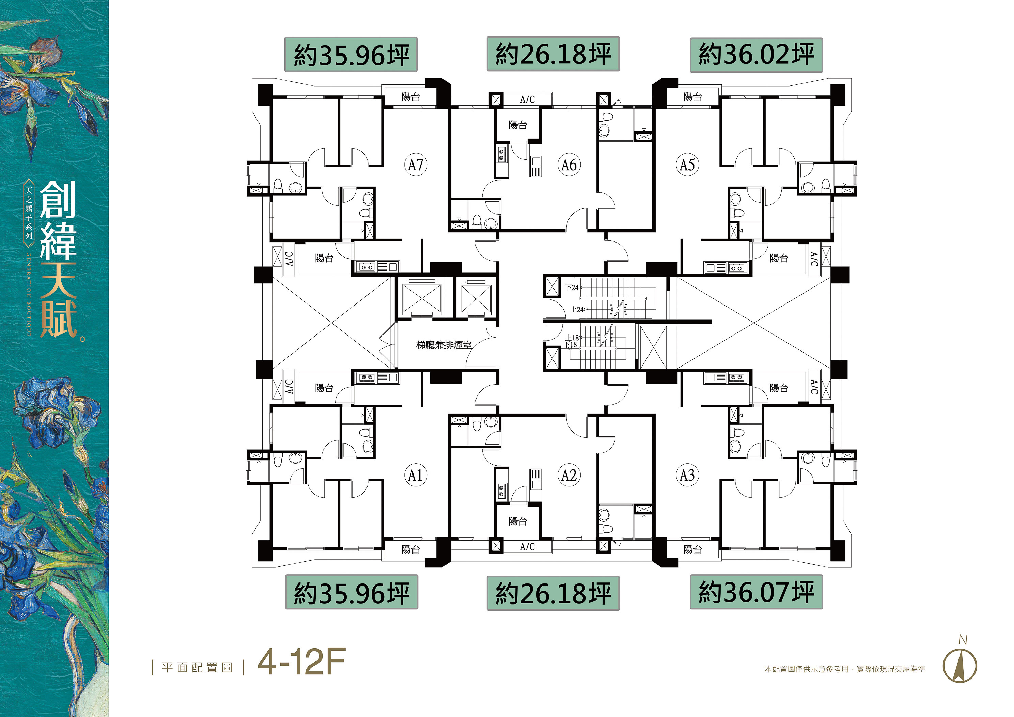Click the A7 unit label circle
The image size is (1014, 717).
point(416,165)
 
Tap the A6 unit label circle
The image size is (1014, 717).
point(569,165)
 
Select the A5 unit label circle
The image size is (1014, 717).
point(687,165)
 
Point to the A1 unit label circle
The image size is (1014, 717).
point(416,476)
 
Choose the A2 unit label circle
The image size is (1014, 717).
point(569,476)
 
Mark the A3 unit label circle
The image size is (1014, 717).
point(687,476)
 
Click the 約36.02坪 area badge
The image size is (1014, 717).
point(756,55)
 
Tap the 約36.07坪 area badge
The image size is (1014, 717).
point(756,592)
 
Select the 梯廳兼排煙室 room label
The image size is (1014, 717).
point(444,345)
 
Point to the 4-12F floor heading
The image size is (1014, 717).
point(301,662)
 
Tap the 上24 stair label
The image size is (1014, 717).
point(577,310)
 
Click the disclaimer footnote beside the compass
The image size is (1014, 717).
point(845,669)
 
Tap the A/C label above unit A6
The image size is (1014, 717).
point(527,99)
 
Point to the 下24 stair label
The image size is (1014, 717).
point(572,287)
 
